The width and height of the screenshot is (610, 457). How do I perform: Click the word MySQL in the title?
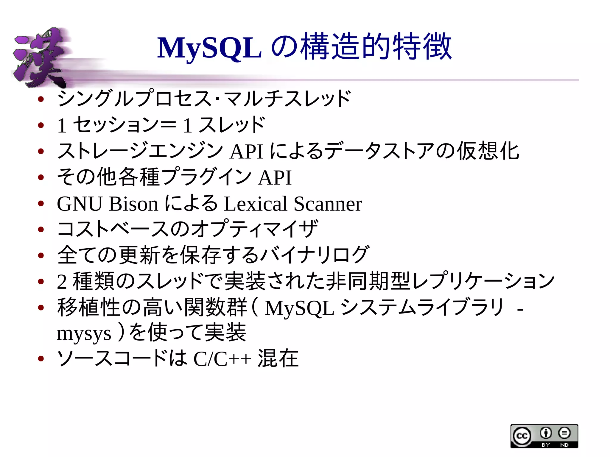209,48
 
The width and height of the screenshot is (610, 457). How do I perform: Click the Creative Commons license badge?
544,436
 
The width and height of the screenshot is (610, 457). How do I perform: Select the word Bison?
133,204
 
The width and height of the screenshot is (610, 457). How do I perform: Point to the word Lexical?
256,204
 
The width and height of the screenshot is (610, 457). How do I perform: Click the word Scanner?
328,204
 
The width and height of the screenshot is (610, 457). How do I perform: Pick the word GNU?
80,204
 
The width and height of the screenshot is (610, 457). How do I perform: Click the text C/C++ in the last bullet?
222,359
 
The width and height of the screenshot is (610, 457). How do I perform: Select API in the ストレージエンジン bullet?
247,152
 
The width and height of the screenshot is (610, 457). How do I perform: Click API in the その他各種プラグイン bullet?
275,178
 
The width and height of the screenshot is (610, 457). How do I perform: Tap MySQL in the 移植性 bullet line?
299,308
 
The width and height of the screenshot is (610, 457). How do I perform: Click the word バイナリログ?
315,255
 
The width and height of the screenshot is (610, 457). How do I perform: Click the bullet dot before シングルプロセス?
41,99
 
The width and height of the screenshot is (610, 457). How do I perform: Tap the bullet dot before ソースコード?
41,358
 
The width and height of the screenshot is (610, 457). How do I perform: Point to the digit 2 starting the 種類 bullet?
62,282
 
